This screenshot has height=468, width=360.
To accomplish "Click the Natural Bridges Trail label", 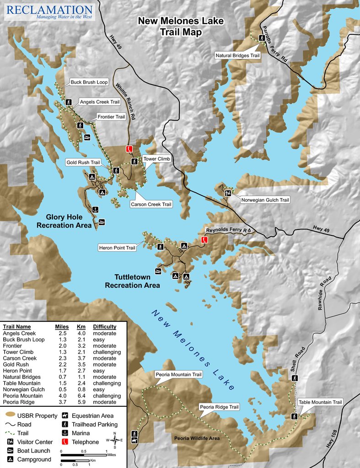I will [237, 55].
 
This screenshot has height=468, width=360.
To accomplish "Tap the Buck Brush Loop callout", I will [89, 83].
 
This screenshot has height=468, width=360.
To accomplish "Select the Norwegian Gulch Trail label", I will [265, 200].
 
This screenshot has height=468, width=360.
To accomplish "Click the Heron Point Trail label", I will [117, 248].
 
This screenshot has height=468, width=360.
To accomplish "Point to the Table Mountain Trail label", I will [320, 402].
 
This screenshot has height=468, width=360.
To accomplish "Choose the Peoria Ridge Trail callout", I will [219, 407].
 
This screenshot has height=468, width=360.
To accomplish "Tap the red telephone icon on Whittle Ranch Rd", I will [129, 149].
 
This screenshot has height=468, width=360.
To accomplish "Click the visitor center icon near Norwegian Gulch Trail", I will [227, 193].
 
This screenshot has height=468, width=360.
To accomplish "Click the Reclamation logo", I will [49, 12].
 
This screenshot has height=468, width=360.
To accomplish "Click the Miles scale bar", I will [84, 455].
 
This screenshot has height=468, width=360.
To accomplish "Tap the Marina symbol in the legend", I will [65, 433].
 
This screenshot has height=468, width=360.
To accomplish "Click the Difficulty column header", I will [104, 327].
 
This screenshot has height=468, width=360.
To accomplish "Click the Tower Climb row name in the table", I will [18, 352].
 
